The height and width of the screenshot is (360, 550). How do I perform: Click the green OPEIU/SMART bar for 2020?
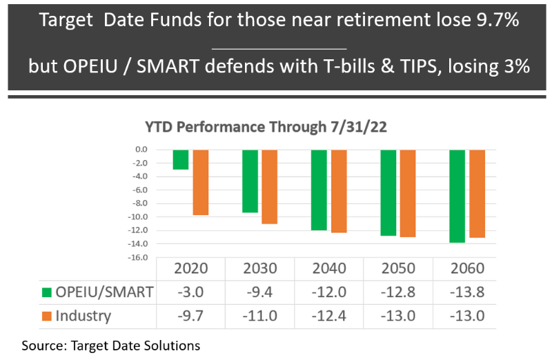[x=181, y=159]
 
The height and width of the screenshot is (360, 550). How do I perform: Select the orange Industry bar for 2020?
[x=201, y=182]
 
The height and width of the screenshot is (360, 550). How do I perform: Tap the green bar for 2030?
[x=250, y=181]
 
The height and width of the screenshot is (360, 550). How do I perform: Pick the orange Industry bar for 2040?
[x=340, y=191]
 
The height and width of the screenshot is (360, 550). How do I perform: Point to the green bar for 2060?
[x=457, y=196]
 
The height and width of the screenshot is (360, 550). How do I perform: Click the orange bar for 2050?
[x=408, y=193]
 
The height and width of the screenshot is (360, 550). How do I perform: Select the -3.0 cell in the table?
[x=190, y=292]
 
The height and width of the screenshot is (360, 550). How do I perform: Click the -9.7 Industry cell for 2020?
[x=190, y=317]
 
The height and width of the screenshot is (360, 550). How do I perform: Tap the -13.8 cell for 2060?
[x=466, y=292]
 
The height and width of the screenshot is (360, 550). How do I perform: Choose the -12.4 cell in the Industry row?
[x=328, y=317]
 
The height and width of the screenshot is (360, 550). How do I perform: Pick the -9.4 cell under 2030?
[x=259, y=292]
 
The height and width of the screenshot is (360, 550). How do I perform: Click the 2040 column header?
[x=328, y=268]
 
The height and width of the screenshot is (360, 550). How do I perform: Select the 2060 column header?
[x=466, y=268]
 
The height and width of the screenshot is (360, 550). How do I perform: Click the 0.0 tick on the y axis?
[x=142, y=149]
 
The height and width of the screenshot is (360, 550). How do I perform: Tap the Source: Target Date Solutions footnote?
[x=110, y=344]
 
